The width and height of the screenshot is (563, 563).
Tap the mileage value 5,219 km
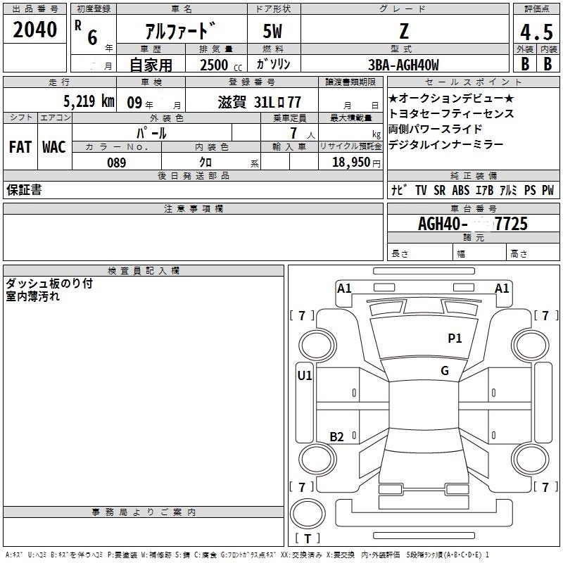click(89, 101)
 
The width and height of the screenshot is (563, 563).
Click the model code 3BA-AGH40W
click(403, 65)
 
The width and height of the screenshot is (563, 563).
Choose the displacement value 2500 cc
click(215, 65)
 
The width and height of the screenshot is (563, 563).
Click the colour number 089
click(117, 162)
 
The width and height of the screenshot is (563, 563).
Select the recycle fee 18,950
click(356, 162)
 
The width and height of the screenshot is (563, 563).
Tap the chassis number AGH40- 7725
click(473, 224)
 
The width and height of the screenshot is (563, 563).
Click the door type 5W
click(272, 31)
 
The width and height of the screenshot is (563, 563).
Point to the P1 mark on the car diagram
click(455, 339)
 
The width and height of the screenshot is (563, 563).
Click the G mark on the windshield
click(445, 371)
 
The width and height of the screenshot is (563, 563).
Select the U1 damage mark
click(305, 376)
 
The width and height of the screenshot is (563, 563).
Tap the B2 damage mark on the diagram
click(337, 437)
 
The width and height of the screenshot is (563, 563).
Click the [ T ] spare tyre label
click(308, 539)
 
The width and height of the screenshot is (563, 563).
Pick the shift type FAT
click(20, 147)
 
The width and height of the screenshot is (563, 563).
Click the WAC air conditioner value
click(53, 147)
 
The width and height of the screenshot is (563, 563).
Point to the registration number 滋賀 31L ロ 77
click(260, 101)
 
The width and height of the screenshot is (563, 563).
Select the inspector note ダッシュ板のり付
click(49, 284)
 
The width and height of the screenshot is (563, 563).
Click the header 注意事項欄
click(193, 209)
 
